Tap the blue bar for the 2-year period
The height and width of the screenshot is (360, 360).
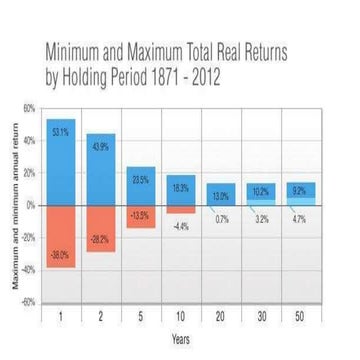click(x=101, y=172)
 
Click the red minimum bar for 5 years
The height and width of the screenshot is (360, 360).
click(x=141, y=216)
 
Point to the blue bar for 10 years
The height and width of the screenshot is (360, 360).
click(x=181, y=191)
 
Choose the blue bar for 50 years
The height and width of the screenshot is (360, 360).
click(x=300, y=191)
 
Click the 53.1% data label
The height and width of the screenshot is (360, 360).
click(x=60, y=131)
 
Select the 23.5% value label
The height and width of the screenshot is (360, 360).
click(x=141, y=179)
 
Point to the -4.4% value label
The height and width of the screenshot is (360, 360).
click(x=181, y=227)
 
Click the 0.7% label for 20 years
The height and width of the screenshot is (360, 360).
click(x=222, y=219)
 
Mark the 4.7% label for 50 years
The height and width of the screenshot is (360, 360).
click(x=300, y=218)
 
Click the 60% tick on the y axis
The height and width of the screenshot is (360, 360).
click(x=29, y=108)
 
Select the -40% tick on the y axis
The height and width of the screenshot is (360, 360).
click(x=28, y=269)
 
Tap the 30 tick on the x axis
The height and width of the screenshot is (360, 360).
click(x=261, y=317)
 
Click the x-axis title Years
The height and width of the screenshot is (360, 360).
click(x=181, y=339)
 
